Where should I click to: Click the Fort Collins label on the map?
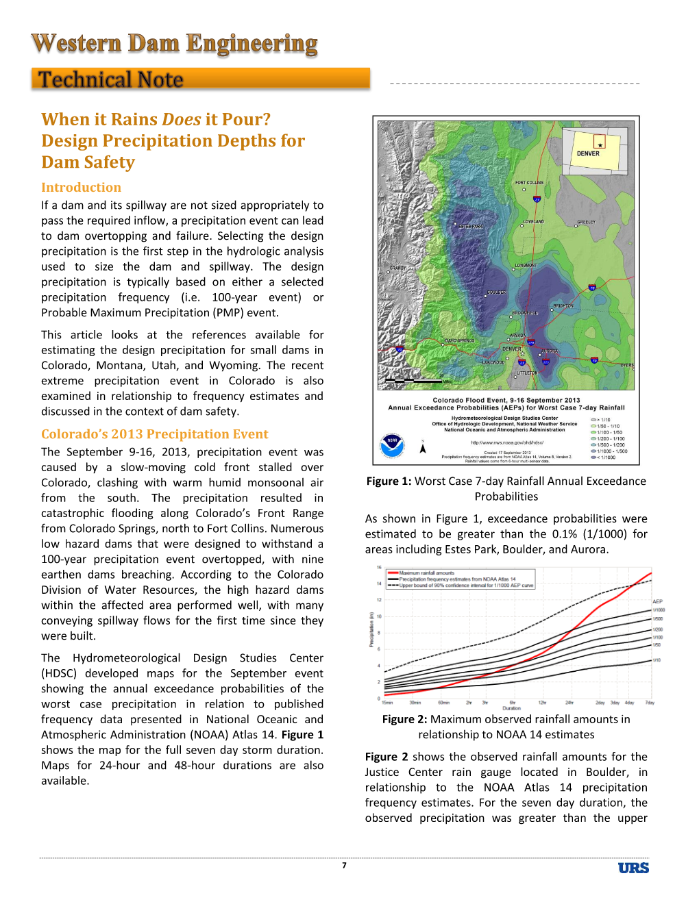(x=529, y=183)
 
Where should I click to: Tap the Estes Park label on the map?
(x=470, y=226)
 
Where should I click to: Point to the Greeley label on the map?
(x=586, y=222)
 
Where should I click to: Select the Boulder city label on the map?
(x=496, y=292)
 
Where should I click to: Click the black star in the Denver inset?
(x=600, y=145)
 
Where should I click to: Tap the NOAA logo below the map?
(x=392, y=445)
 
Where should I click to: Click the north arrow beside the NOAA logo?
(x=423, y=448)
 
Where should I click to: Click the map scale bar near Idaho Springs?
(x=414, y=380)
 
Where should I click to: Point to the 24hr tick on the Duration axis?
(x=569, y=703)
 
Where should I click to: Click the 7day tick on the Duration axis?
(x=650, y=703)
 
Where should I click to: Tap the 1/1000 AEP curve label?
(x=659, y=610)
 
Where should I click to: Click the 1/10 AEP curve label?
(x=657, y=660)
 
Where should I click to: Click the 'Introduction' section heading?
(x=81, y=187)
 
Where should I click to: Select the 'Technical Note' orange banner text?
(x=110, y=79)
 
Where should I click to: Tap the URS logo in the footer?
(x=633, y=868)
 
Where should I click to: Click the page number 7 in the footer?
(x=344, y=866)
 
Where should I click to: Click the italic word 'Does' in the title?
(x=182, y=119)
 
